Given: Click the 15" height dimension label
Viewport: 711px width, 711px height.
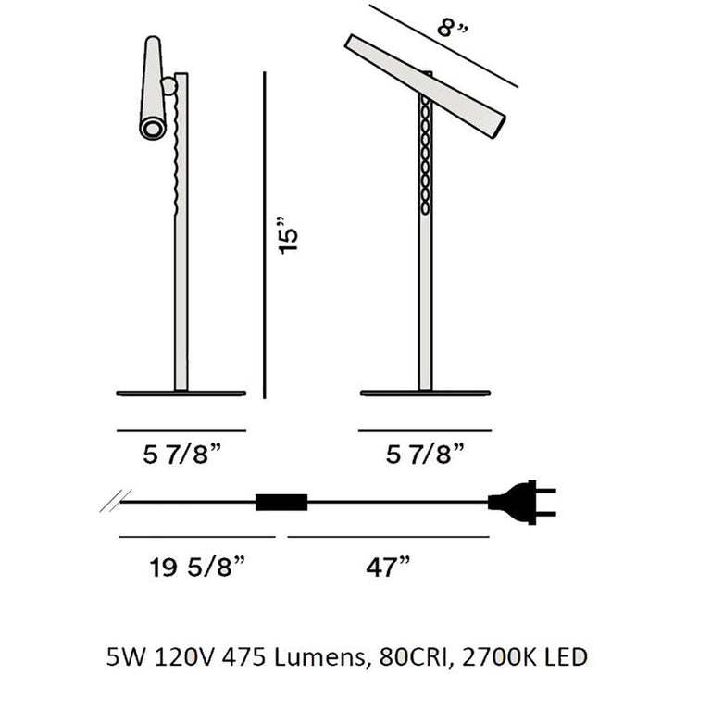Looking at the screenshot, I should coord(290,235).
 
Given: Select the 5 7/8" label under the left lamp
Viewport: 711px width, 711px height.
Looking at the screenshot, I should coord(181,455).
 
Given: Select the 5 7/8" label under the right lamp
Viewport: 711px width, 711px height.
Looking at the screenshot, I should coord(424,455).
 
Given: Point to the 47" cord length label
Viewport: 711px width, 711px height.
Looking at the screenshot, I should coord(386,566).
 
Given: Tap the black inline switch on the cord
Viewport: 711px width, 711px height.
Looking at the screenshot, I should coord(281,503).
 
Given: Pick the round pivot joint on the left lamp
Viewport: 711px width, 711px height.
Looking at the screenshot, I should coord(169,86).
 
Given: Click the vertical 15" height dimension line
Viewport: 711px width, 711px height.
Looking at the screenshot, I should coord(265,235).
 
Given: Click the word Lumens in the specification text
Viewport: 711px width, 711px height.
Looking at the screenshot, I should coord(319,658).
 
